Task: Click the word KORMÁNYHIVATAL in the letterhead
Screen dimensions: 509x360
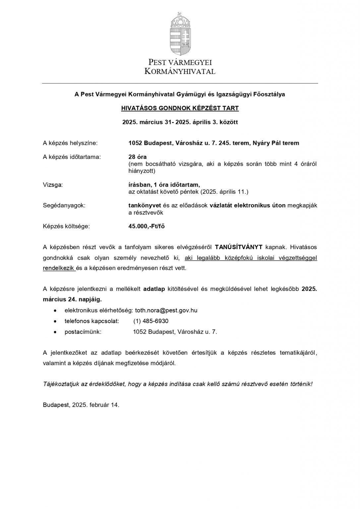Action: (180, 71)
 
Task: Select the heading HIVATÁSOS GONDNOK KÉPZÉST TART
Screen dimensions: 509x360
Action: (180, 108)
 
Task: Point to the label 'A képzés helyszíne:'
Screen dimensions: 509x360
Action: (70, 143)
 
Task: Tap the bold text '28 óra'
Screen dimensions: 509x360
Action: (138, 157)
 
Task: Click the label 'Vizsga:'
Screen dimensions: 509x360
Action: (53, 185)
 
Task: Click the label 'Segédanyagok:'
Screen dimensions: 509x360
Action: (64, 205)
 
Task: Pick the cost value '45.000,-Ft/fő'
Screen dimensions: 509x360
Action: (147, 226)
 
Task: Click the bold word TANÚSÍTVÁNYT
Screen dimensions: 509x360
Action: (239, 247)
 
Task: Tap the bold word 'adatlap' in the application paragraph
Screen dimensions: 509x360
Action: (154, 289)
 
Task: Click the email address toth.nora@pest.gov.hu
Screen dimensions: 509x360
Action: (166, 311)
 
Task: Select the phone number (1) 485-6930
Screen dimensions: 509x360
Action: (151, 321)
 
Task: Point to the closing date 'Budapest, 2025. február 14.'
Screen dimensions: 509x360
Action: (81, 405)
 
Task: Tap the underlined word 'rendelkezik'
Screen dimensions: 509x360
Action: (58, 268)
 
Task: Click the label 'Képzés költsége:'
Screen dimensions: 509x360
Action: (66, 226)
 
